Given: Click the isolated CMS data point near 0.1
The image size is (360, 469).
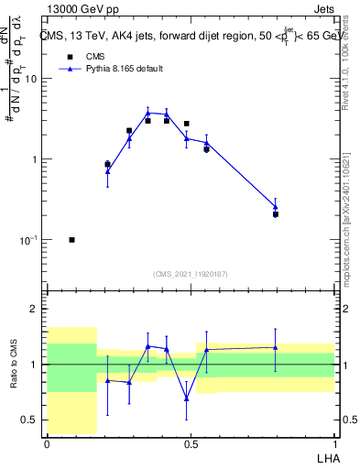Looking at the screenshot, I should point(71,240).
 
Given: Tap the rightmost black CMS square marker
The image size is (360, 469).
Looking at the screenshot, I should point(276,214).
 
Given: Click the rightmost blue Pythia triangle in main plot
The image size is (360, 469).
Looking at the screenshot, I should point(276,207).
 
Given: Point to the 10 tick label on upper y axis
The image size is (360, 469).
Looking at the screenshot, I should point(30,79).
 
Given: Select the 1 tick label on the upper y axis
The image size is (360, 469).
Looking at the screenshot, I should point(34,159).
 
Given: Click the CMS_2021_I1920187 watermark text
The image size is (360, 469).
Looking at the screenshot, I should point(191,273).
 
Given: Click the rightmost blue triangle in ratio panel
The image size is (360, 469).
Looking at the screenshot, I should point(276,347).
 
